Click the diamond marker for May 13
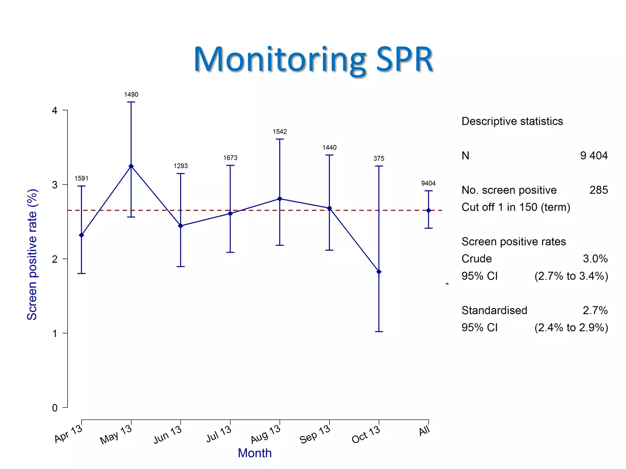point(131,166)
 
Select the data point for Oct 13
point(379,272)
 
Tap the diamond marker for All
point(428,210)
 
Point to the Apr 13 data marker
point(81,235)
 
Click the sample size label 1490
point(131,95)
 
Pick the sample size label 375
point(379,158)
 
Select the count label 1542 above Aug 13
point(280,132)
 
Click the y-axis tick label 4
point(55,110)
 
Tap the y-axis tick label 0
point(55,408)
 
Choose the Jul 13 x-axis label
point(219,434)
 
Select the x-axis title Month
point(255,453)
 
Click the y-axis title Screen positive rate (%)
point(32,254)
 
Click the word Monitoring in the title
point(280,59)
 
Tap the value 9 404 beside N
point(594,156)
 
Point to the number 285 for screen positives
point(598,190)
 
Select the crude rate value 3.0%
point(595,259)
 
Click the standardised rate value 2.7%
point(595,310)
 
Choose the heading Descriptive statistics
point(512,121)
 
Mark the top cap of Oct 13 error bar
point(379,166)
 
